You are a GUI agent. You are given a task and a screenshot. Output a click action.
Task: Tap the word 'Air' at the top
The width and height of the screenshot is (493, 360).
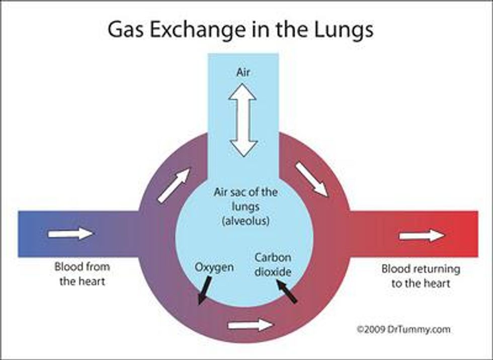pos(243,73)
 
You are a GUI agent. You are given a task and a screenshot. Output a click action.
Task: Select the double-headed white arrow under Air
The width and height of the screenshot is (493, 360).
pos(243,120)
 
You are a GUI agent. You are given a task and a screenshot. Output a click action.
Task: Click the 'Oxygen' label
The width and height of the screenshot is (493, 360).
pos(214,267)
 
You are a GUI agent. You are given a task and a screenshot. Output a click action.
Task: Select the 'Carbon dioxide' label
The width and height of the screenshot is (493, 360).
pos(273,265)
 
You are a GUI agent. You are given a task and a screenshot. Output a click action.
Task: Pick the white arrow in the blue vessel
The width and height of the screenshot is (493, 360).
pos(70,234)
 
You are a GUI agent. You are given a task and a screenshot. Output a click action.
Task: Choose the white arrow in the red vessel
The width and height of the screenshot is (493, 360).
pos(422,236)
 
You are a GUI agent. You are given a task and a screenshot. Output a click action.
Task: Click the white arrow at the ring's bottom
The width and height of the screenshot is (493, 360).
pos(250,325)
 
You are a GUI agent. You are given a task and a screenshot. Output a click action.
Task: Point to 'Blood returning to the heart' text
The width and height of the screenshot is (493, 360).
pos(421,276)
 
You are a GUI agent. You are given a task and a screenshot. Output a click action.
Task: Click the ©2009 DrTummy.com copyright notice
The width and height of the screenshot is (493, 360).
pos(404,330)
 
